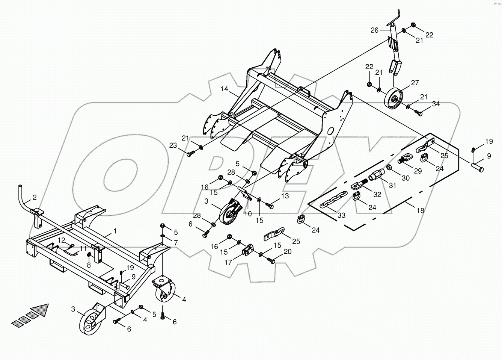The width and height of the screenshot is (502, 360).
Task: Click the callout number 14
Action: click(x=224, y=89)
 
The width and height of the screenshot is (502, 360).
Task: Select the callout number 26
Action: click(x=375, y=30)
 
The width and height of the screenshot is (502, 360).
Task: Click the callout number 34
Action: click(x=436, y=104)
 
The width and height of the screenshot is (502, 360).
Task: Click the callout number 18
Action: click(x=420, y=210)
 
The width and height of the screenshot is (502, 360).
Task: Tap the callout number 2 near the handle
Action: click(x=35, y=197)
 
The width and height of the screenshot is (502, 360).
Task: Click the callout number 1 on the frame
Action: click(x=115, y=231)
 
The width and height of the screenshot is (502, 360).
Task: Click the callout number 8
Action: click(x=89, y=265)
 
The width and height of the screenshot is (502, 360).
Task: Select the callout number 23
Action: click(x=172, y=145)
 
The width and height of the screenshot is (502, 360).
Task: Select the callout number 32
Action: click(x=377, y=195)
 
